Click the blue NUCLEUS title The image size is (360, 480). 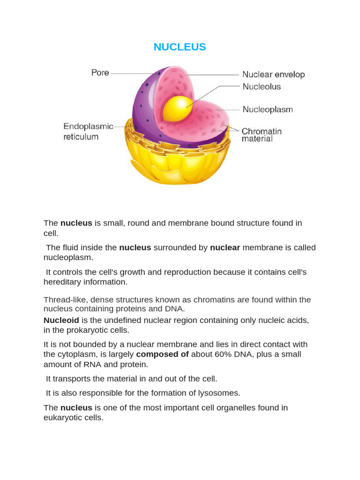[180, 47]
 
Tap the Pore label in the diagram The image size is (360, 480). [100, 73]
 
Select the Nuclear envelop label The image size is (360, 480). [273, 75]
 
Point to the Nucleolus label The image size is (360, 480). [262, 87]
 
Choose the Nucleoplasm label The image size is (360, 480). [268, 110]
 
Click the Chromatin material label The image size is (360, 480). [261, 135]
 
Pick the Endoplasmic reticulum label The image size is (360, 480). [88, 132]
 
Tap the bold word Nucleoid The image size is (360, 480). [61, 320]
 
